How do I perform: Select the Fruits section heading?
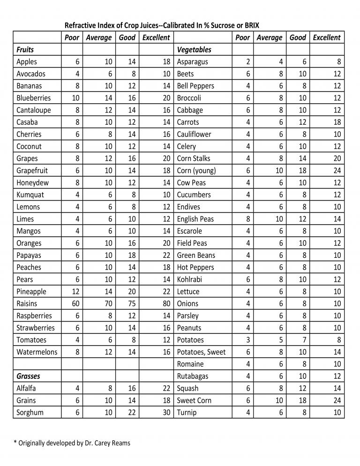[x=25, y=50]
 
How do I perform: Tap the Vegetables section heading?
[x=194, y=50]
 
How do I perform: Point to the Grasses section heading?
[x=28, y=376]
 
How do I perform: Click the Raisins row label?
[x=27, y=304]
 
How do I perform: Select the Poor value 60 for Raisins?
[x=75, y=304]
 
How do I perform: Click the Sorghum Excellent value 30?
[x=166, y=413]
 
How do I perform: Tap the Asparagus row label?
[x=192, y=62]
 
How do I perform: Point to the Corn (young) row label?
[x=196, y=171]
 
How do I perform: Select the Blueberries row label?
[x=33, y=98]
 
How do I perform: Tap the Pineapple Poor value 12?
[x=75, y=292]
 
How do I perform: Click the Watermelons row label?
[x=37, y=352]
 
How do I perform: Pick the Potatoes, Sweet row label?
[x=201, y=352]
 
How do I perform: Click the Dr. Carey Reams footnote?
[x=71, y=443]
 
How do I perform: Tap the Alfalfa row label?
[x=26, y=388]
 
